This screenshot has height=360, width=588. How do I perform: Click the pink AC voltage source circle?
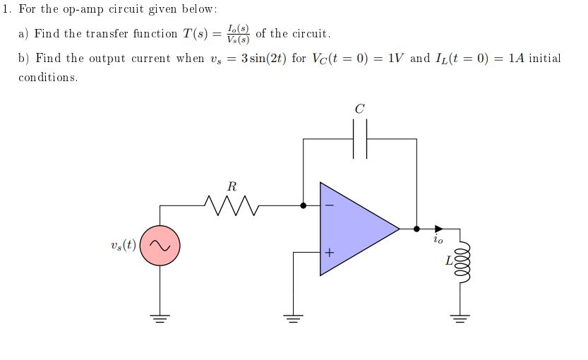click(160, 246)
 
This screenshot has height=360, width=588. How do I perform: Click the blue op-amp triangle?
click(353, 229)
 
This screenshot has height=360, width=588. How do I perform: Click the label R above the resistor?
click(232, 187)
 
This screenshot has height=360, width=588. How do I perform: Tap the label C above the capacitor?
click(360, 109)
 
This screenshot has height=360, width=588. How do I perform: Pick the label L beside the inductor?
click(448, 261)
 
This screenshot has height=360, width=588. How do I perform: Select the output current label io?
click(439, 241)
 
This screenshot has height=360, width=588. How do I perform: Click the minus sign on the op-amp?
click(328, 206)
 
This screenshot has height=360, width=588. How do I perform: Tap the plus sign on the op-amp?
click(328, 251)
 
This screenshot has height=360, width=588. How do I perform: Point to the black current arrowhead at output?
click(438, 229)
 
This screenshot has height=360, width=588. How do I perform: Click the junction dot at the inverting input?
click(304, 205)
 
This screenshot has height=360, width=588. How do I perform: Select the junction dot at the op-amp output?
click(416, 229)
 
